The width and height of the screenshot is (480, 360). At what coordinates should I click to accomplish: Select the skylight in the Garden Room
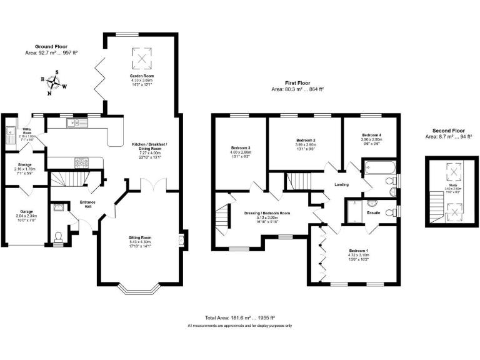tap(142, 59)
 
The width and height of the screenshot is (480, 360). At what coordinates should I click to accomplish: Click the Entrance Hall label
tap(87, 204)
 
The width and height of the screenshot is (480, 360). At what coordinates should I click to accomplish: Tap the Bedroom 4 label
tap(371, 135)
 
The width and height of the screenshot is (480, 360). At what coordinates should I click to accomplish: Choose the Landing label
tap(341, 184)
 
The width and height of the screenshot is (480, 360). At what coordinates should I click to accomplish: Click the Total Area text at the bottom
tap(240, 317)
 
